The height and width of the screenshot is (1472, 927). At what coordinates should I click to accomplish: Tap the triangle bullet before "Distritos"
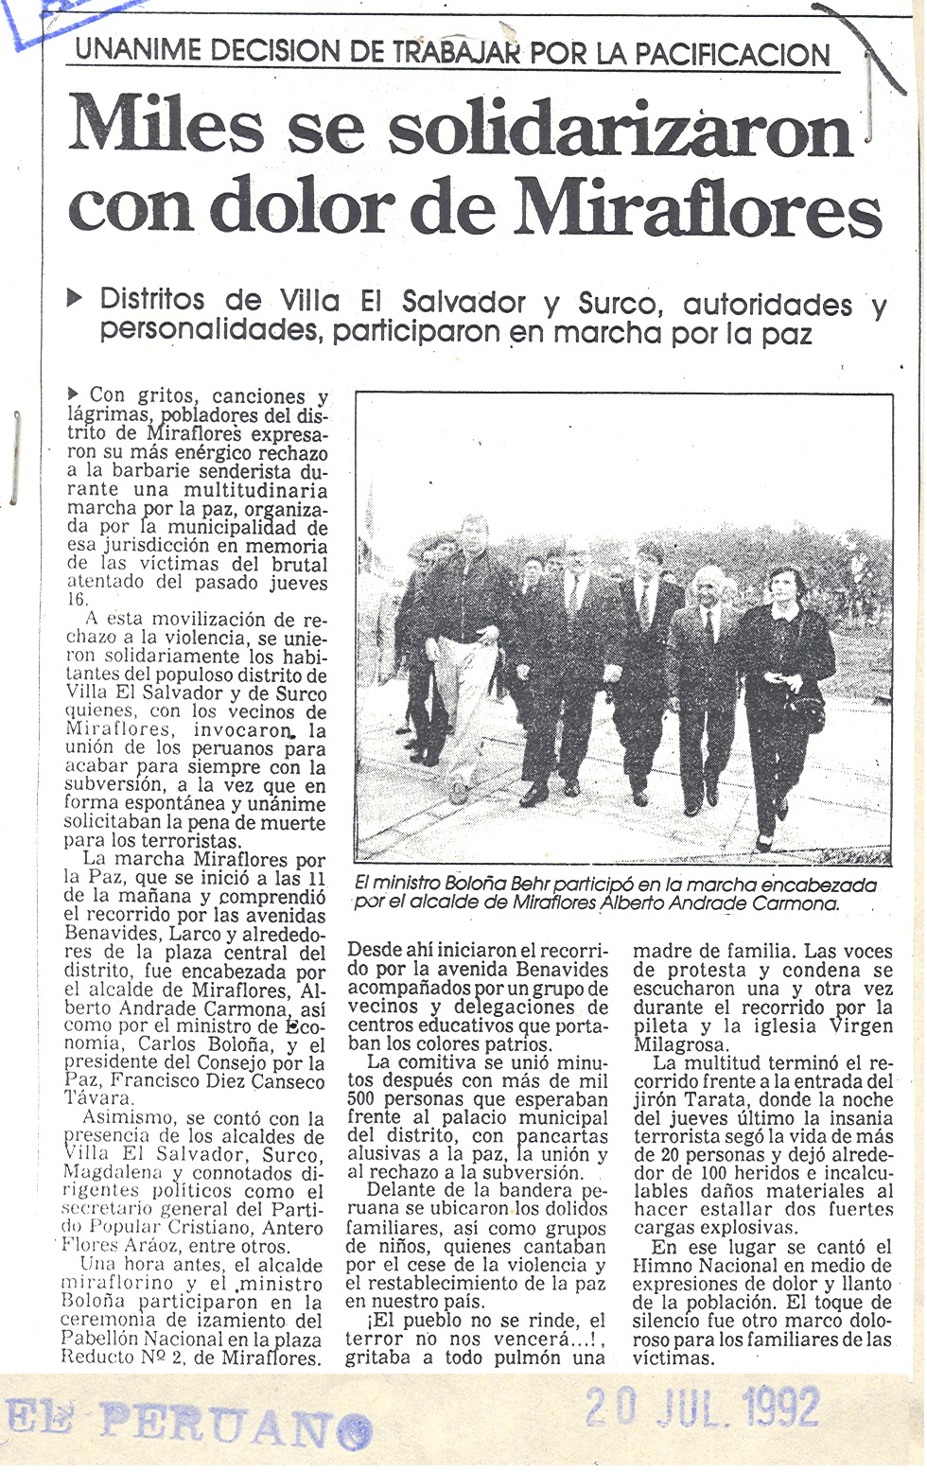tap(75, 299)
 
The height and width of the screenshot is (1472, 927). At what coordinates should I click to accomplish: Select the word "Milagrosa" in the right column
tap(679, 1044)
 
